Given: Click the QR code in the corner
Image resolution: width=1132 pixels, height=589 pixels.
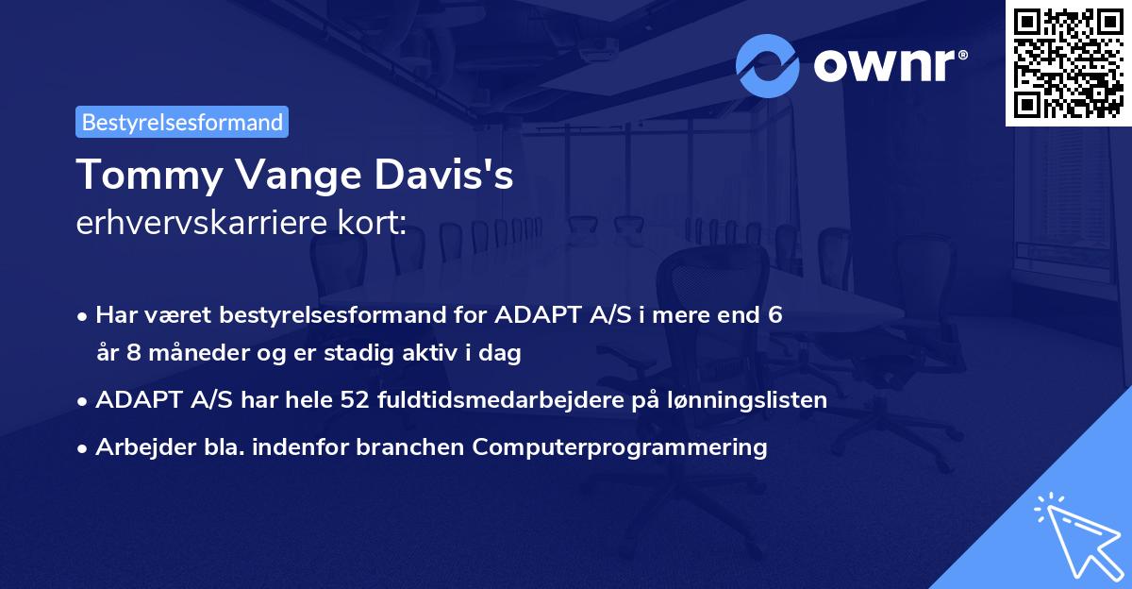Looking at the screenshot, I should click(1068, 62).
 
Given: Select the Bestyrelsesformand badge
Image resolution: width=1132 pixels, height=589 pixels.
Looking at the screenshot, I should click(182, 122).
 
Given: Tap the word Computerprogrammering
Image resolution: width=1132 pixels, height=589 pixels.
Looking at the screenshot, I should click(620, 446).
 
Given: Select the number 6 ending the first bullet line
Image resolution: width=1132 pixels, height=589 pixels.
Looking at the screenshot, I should click(774, 315).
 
